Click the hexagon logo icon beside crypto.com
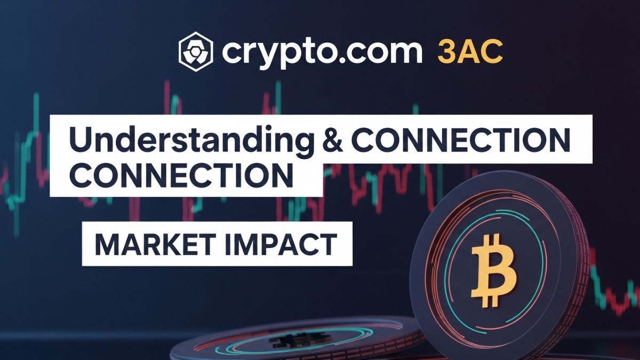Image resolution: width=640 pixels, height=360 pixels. [196, 51]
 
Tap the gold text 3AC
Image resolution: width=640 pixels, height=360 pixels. [469, 51]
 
